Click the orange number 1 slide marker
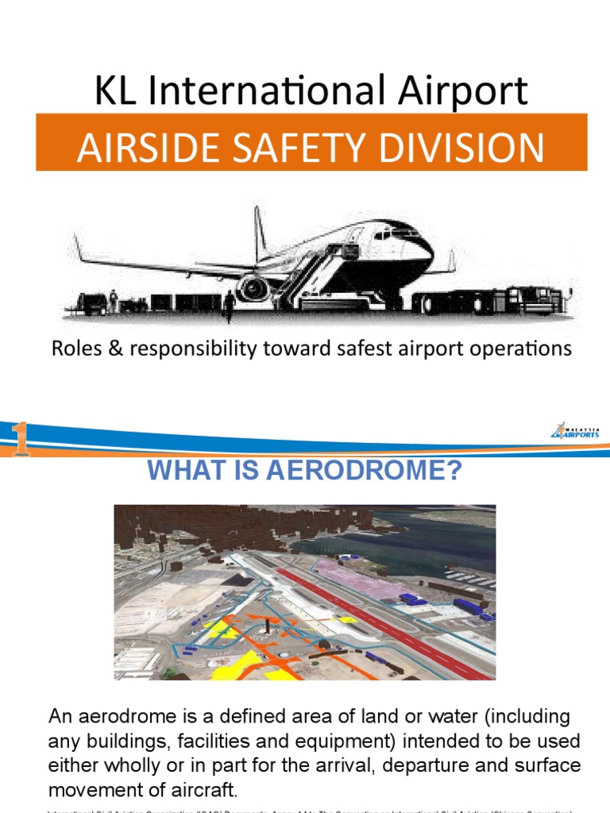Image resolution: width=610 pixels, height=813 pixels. point(19,440)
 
